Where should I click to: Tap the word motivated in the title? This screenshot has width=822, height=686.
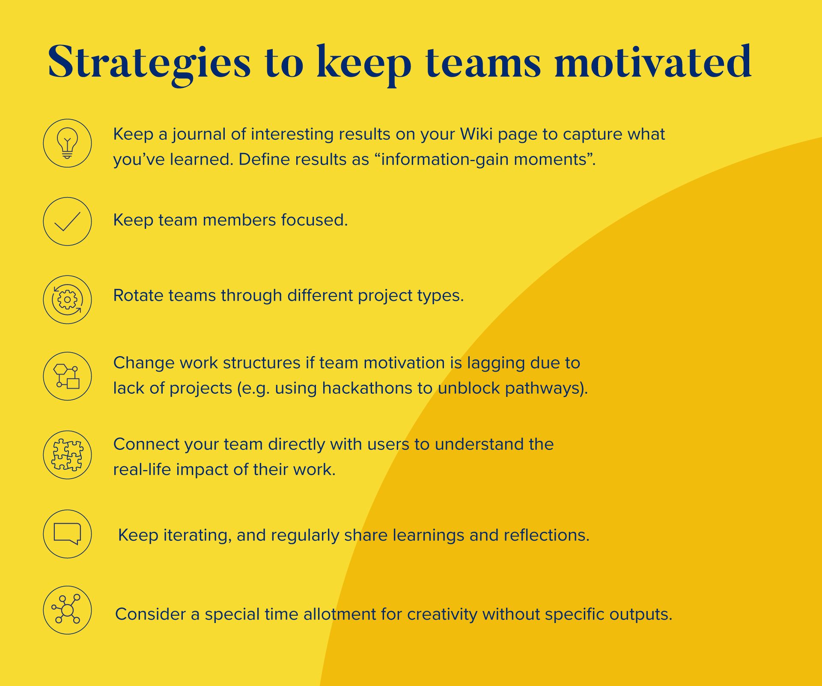pos(653,62)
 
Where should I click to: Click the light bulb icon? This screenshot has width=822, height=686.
pos(67,143)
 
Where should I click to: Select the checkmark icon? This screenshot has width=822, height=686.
pos(67,222)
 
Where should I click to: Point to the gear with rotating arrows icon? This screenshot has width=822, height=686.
pos(67,300)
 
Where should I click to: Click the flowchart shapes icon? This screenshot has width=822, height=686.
pos(67,376)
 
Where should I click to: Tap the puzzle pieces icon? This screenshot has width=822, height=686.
pos(67,455)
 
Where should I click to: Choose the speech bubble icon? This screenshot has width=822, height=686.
pos(67,534)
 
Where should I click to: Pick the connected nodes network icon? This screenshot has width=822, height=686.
pos(67,610)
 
